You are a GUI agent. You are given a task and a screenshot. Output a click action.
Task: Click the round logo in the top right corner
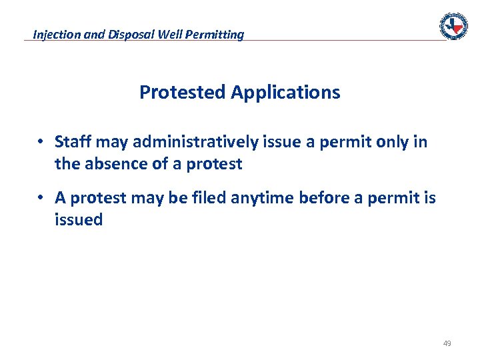453,26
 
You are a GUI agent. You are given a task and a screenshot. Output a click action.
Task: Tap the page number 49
447,343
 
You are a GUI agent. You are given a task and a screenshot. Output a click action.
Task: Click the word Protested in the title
183,93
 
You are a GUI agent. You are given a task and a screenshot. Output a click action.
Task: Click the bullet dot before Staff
41,142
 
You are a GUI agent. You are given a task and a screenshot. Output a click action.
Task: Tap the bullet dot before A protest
41,198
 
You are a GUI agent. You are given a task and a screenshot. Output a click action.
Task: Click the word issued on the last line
79,219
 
